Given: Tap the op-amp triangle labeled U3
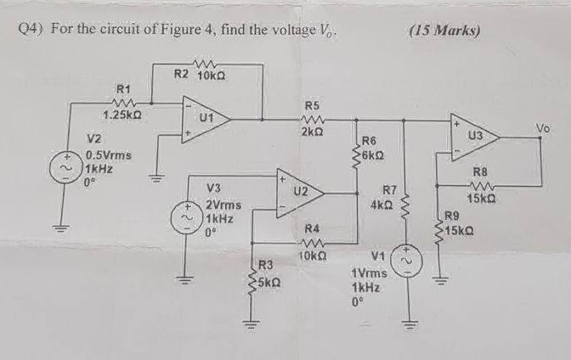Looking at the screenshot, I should (472, 136).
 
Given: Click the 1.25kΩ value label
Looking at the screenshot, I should (122, 115).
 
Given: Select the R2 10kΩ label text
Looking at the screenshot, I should (199, 76).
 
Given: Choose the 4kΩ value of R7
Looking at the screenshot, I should (380, 205).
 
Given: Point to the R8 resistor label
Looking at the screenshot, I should (480, 172).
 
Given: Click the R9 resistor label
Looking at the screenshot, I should (453, 216).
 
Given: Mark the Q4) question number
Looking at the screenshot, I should (32, 29).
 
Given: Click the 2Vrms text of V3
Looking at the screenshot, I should (223, 205).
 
